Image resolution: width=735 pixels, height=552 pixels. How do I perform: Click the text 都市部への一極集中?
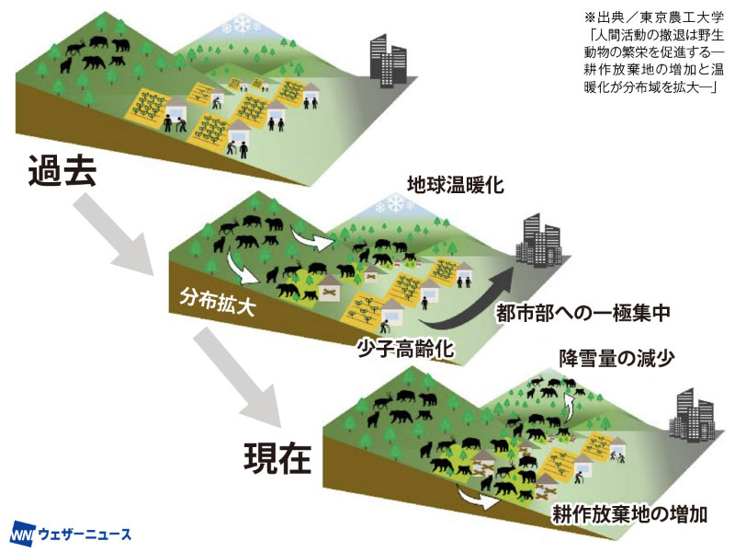(584, 313)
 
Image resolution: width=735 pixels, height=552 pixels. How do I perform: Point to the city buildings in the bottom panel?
(696, 414)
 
